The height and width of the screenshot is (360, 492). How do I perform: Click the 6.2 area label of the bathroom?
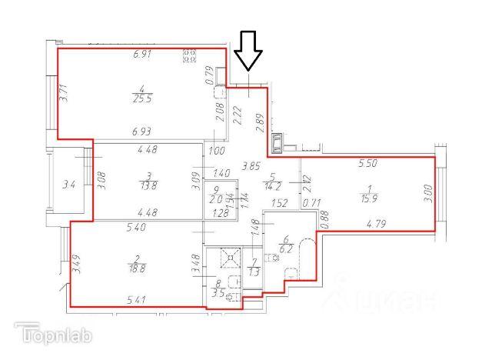[288, 249]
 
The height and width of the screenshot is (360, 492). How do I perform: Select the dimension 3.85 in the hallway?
[251, 165]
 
